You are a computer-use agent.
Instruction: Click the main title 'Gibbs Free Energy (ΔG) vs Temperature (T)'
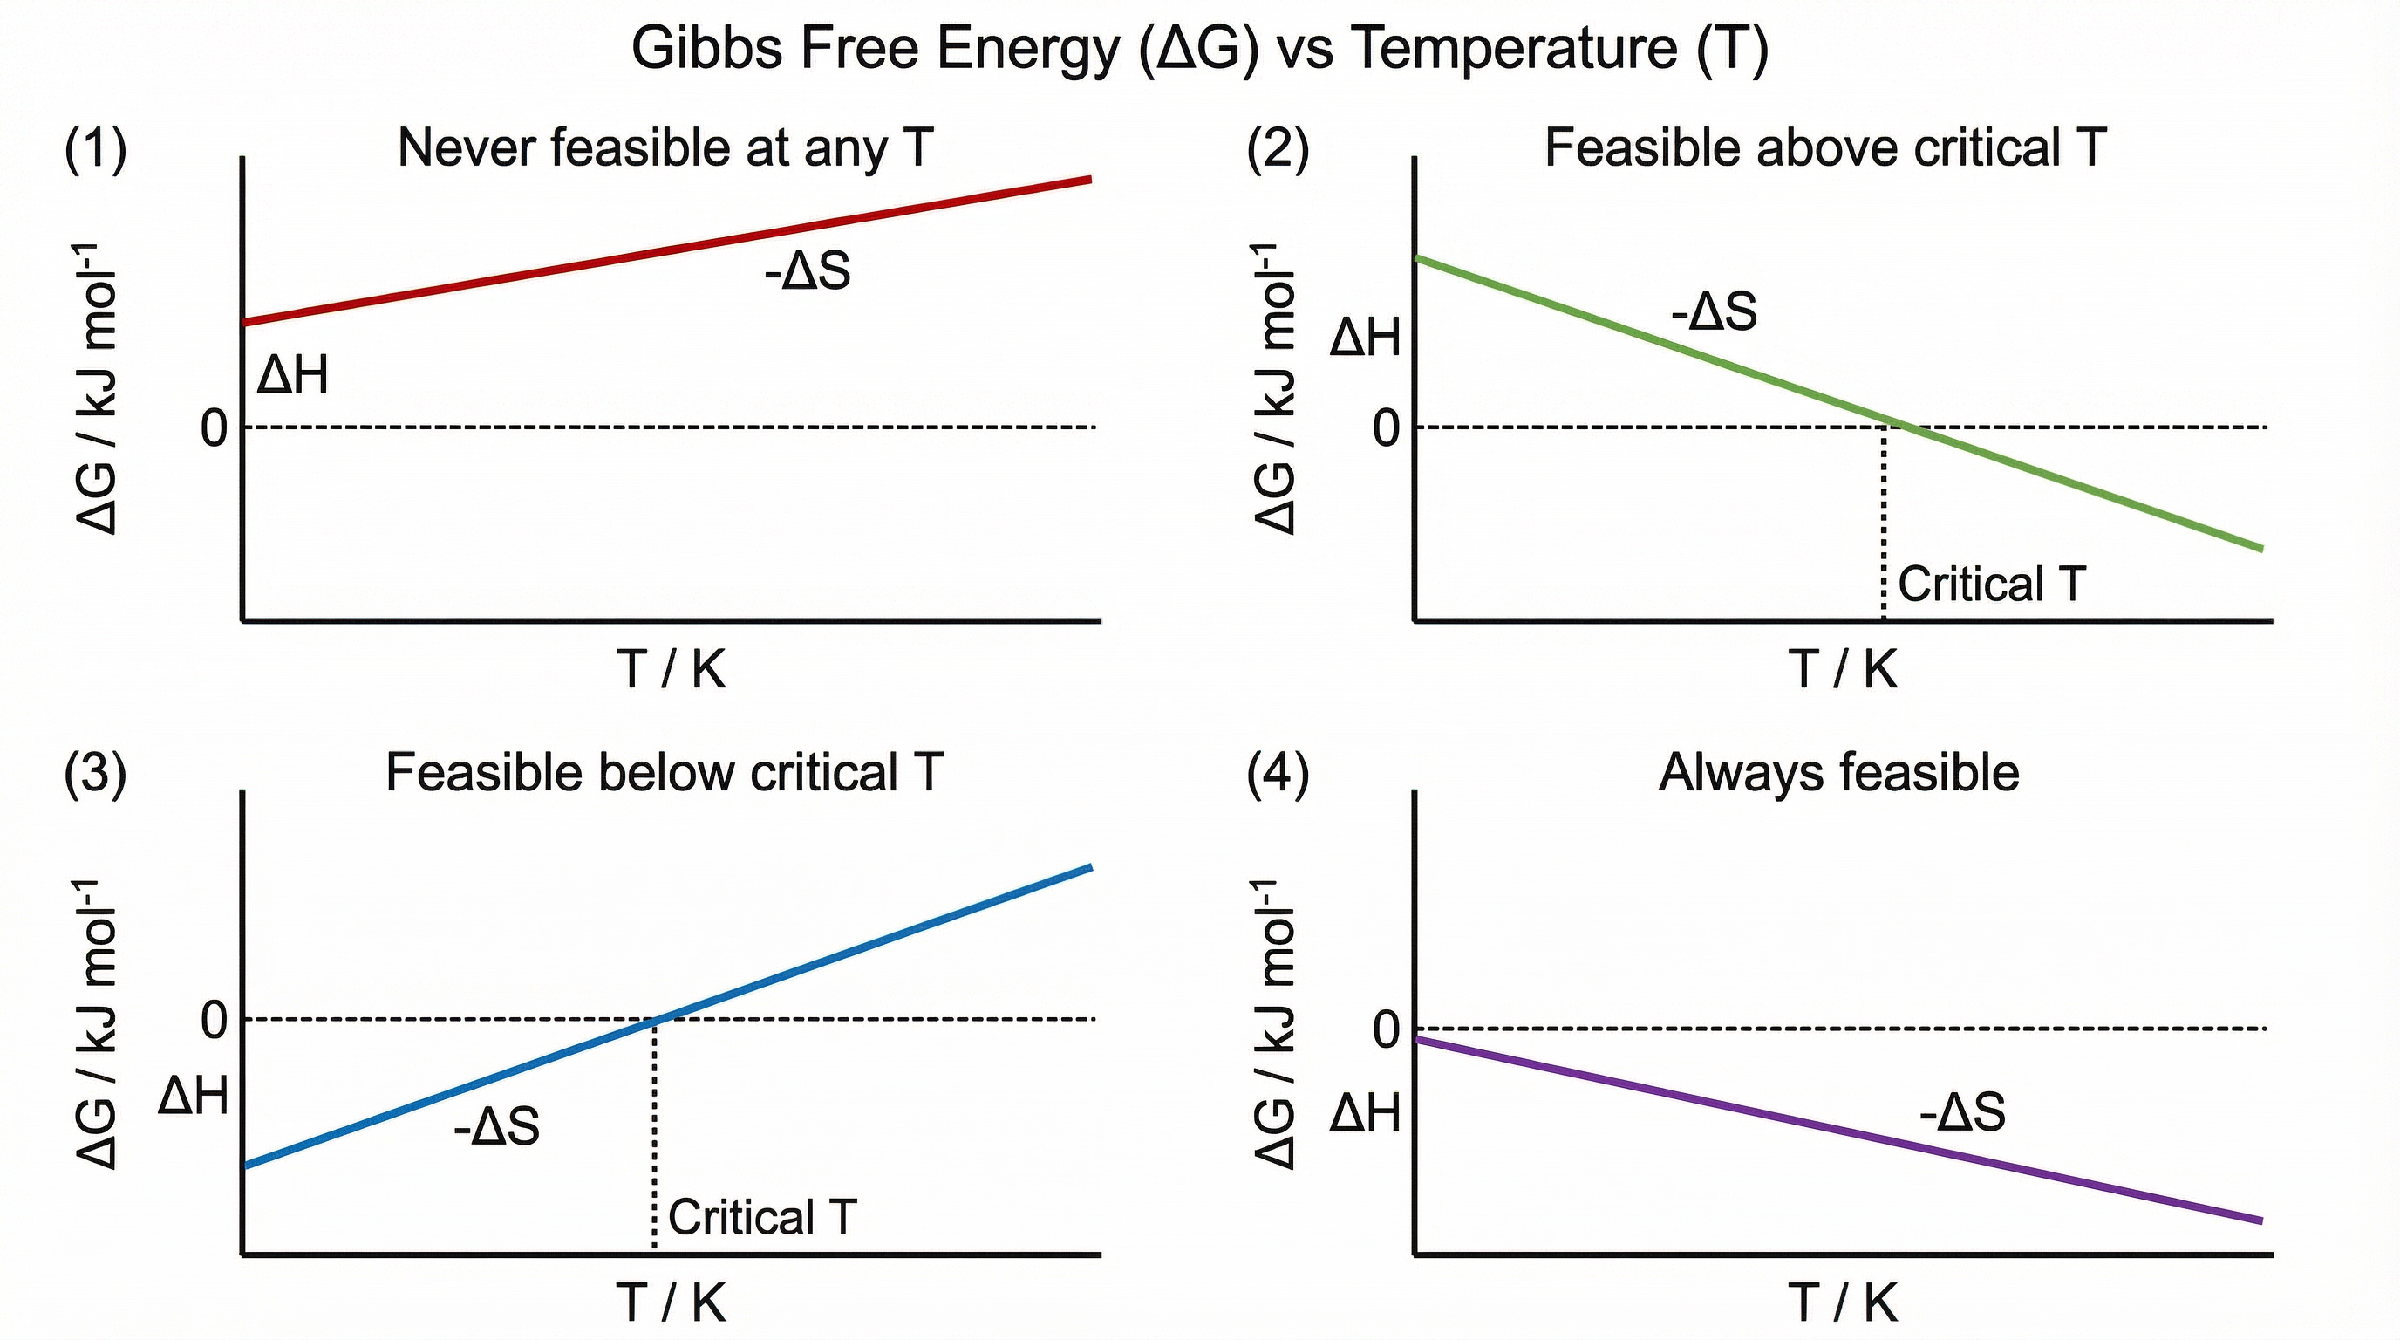pos(1199,49)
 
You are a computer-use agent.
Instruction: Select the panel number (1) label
pos(95,149)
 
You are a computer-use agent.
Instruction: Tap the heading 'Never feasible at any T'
pos(665,147)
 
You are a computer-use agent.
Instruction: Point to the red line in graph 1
pos(666,250)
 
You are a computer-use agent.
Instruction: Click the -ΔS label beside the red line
pos(807,271)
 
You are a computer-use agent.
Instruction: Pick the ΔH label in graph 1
pos(292,375)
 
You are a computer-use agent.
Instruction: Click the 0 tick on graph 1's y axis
pos(215,428)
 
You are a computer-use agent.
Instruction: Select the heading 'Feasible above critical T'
pos(1824,147)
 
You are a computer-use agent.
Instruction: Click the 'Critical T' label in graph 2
pos(1991,585)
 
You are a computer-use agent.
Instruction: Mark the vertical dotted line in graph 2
pos(1884,522)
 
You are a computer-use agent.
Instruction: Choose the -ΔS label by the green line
pos(1714,311)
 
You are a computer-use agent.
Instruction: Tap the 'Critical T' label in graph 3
pos(761,1217)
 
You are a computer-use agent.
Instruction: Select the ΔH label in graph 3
pos(193,1095)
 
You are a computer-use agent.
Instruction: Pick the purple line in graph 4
pos(1836,1129)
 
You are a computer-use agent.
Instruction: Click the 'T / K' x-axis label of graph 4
pos(1842,1302)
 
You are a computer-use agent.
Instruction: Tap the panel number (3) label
pos(95,774)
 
